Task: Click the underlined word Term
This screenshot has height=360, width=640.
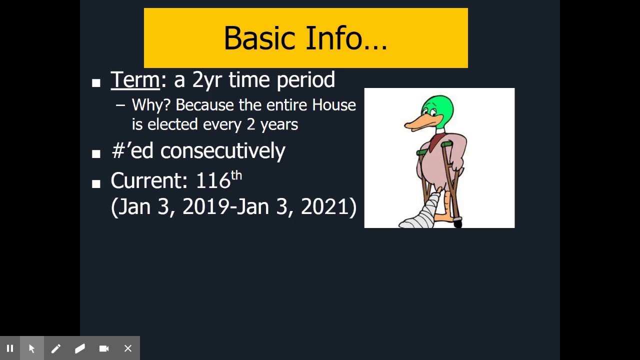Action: coord(135,80)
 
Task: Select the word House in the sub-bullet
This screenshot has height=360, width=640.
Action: coord(334,105)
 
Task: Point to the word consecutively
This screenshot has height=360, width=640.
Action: coord(222,150)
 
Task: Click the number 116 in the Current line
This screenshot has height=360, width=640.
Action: coord(213,181)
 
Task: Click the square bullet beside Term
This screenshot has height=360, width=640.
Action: coord(96,83)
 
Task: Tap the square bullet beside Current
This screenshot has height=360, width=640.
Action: coord(96,184)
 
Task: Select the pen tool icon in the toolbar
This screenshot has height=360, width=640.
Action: coord(55,348)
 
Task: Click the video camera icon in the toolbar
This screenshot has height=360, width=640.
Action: coord(104,348)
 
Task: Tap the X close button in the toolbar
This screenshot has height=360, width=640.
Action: coord(128,348)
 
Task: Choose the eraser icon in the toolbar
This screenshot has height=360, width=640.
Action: coord(80,348)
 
